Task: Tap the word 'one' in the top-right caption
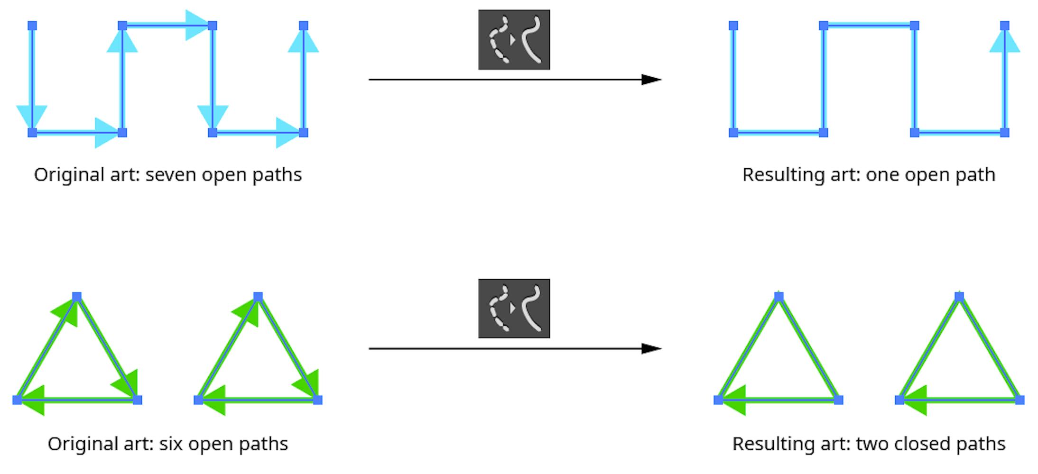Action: [882, 175]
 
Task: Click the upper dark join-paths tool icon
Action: [514, 40]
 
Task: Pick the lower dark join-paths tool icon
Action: [514, 309]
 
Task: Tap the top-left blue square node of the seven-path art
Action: [32, 26]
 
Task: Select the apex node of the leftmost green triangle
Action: [77, 297]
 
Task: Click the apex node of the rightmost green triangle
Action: [959, 297]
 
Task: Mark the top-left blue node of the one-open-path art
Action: [733, 26]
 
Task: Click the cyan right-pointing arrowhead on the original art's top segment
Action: [196, 25]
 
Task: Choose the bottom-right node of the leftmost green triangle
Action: [137, 400]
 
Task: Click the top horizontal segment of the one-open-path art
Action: [869, 26]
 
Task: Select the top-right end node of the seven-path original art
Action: [304, 26]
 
